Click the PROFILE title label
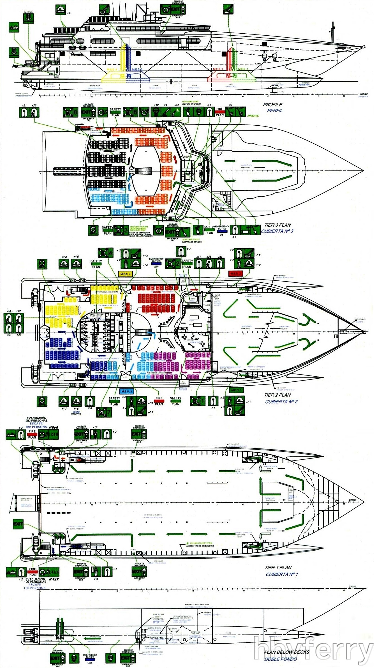(x=272, y=105)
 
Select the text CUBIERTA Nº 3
(x=277, y=231)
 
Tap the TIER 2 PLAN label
(x=277, y=395)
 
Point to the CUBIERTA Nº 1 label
(x=282, y=574)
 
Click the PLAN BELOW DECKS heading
(x=286, y=652)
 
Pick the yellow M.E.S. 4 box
(x=125, y=274)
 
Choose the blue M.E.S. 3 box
(x=126, y=391)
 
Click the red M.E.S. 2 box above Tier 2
(x=235, y=273)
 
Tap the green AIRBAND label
(x=253, y=116)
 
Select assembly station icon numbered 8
(x=70, y=112)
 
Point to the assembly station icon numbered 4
(x=105, y=253)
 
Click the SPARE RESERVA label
(x=76, y=413)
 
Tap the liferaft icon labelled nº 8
(x=64, y=264)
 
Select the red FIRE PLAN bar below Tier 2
(x=159, y=401)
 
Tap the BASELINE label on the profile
(x=364, y=94)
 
